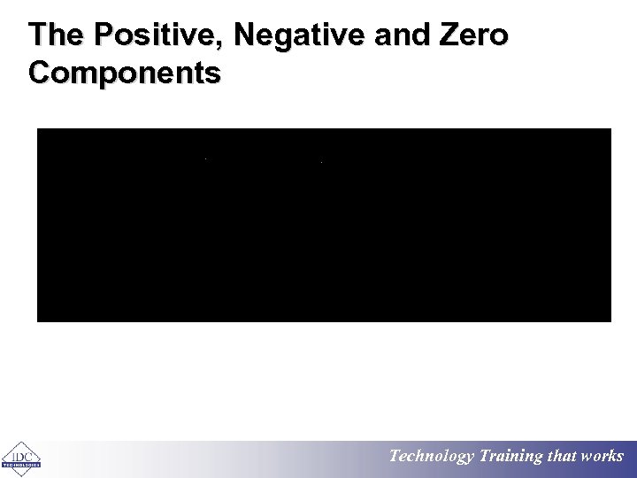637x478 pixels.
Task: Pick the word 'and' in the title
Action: tap(397, 36)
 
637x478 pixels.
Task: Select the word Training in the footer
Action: tap(510, 457)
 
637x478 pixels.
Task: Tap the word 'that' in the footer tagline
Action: tap(562, 457)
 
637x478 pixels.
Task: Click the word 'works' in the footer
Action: tap(602, 457)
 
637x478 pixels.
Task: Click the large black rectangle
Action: tap(324, 225)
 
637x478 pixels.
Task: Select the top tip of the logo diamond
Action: tap(21, 441)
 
